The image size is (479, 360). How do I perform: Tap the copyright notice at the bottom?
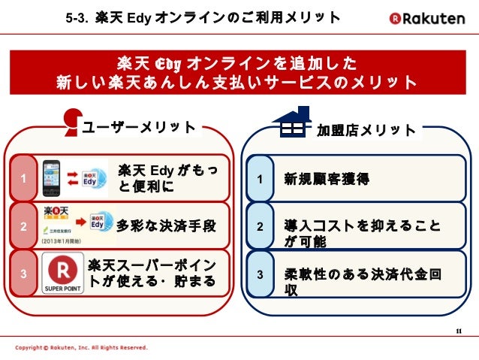click(82, 349)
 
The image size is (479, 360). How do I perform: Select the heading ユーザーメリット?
click(138, 128)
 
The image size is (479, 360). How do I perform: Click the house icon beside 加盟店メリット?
click(291, 123)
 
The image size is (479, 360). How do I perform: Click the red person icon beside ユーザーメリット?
click(72, 121)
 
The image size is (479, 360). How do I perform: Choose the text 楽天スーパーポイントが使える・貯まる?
click(152, 274)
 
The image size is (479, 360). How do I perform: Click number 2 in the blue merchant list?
click(260, 226)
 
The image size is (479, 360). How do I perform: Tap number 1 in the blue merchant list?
click(260, 180)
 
